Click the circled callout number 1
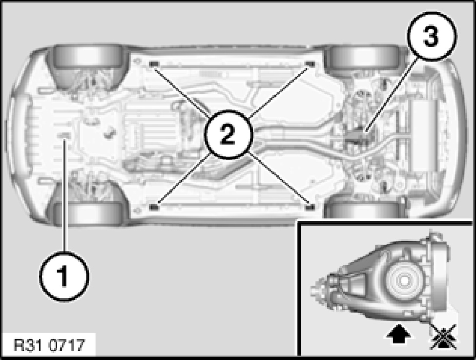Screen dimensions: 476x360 pyautogui.click(x=64, y=276)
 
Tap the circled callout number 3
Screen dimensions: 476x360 pyautogui.click(x=431, y=37)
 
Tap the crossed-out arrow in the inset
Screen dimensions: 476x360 pyautogui.click(x=443, y=337)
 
